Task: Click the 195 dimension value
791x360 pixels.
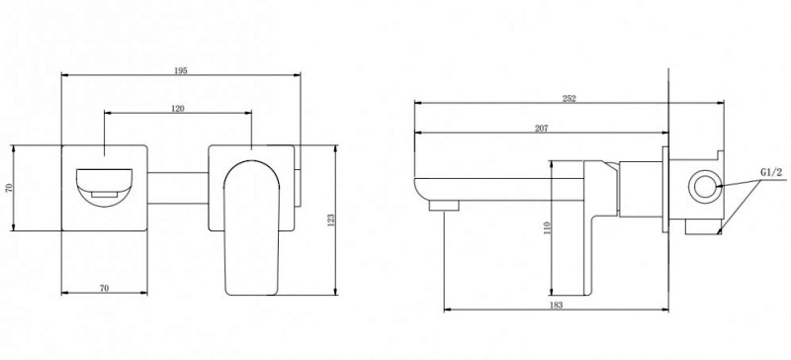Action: point(181,70)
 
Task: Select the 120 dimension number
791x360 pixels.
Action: point(178,109)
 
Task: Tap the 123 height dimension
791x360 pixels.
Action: point(331,221)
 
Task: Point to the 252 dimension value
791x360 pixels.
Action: point(570,99)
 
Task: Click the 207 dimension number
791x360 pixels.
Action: point(541,129)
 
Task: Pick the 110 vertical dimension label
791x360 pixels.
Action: point(548,227)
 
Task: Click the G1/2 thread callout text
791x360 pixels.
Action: point(771,173)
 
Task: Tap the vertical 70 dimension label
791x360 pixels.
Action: point(8,188)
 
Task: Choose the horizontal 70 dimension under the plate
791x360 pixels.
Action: point(104,289)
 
